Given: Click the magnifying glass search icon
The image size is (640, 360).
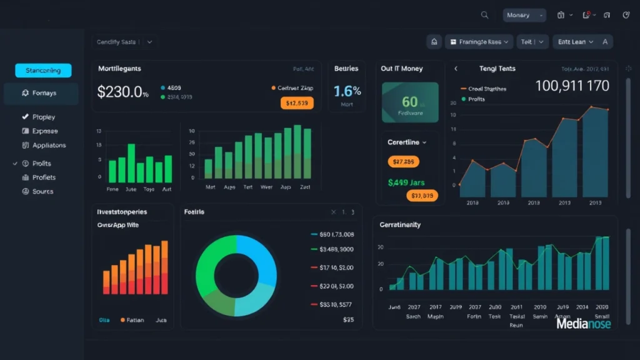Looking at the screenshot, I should [484, 15].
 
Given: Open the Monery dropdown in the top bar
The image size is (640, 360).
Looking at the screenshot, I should [524, 15].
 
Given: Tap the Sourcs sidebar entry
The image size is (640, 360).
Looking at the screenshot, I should [42, 191].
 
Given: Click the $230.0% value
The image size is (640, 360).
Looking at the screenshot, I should [122, 92].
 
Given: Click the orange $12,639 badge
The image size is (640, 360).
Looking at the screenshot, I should [297, 103].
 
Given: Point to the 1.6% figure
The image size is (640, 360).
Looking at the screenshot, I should [347, 91].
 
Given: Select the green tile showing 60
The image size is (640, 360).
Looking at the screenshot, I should [410, 102].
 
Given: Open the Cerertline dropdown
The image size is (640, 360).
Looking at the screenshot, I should [407, 142].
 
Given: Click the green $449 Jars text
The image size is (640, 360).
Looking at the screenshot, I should [406, 183].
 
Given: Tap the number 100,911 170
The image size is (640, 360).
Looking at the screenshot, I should [572, 86].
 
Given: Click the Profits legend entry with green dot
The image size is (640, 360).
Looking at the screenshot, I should [476, 99].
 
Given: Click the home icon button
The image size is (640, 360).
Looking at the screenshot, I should [434, 42].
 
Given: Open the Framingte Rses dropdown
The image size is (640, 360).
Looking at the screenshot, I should [479, 42].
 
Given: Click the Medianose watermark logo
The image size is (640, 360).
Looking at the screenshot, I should [583, 324].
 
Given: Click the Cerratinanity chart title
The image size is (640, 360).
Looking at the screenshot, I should [400, 224].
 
